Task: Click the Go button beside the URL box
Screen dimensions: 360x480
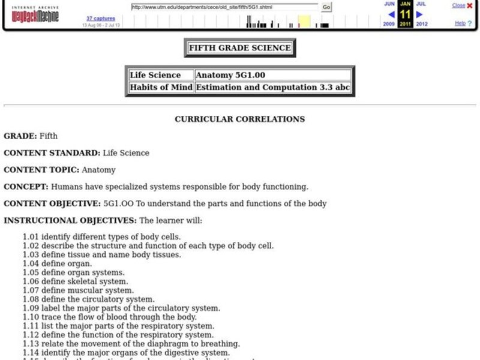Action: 326,7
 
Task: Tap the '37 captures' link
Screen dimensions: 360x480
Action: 100,19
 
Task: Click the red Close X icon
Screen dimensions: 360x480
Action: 470,5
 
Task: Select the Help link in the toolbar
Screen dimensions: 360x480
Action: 460,23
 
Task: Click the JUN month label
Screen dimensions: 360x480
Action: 389,4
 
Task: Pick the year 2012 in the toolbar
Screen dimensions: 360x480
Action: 421,24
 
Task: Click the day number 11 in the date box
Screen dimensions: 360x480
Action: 405,14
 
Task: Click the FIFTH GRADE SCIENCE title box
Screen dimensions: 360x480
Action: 239,48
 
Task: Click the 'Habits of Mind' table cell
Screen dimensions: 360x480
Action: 161,88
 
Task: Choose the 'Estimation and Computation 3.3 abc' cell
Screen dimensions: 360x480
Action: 272,88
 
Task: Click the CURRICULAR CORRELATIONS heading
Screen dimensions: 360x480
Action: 239,119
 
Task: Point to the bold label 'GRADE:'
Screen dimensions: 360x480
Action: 20,136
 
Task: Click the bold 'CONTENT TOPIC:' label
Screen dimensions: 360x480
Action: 42,170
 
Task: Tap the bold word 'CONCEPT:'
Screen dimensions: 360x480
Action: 26,187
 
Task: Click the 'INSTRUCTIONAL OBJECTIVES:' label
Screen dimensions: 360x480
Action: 70,220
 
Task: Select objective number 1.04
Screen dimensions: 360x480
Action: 58,263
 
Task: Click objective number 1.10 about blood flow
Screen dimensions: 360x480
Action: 110,317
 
